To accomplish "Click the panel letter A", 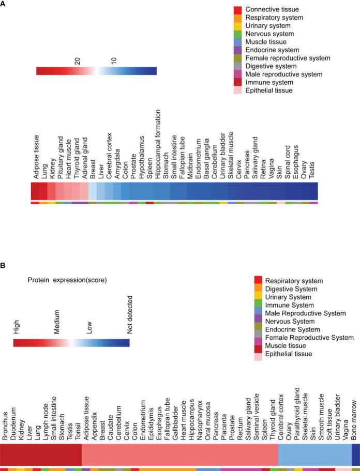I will coord(4,4).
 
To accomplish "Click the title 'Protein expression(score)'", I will coord(67,280).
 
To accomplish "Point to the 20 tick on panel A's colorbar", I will coord(77,60).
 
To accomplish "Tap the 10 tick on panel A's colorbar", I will coord(114,60).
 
